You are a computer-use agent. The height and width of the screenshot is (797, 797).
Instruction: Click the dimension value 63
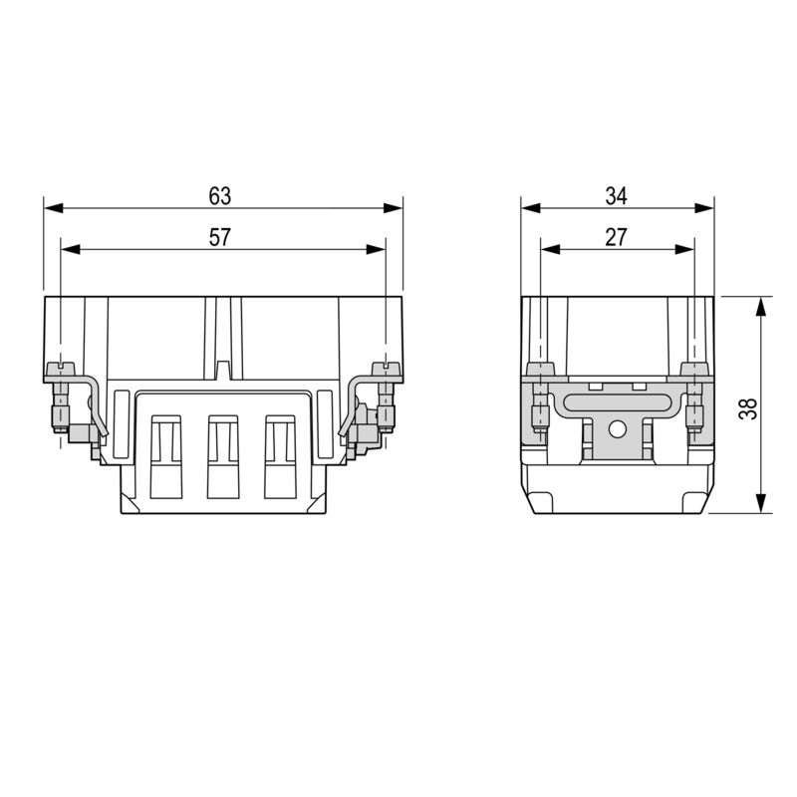[x=220, y=196]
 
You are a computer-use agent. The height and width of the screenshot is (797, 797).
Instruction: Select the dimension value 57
[x=220, y=237]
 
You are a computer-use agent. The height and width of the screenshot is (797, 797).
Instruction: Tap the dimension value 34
[x=617, y=196]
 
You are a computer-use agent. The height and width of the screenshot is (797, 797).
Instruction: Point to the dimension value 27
[x=616, y=237]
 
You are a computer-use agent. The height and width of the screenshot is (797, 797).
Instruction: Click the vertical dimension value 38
[x=749, y=406]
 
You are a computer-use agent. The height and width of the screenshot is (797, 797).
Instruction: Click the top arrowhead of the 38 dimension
[x=761, y=304]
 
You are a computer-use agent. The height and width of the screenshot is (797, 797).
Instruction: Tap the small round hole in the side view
[x=617, y=430]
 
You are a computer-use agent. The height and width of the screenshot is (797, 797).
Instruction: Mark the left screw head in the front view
[x=61, y=370]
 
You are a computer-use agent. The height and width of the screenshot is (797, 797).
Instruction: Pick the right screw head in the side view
[x=693, y=370]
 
